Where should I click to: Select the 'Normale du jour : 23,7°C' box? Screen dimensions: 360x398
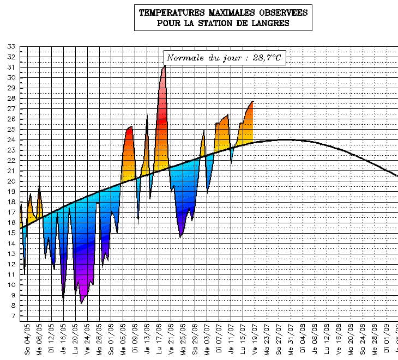[224, 58]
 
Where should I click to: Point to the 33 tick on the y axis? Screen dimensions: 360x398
[11, 46]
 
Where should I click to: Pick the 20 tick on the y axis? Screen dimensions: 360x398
[11, 181]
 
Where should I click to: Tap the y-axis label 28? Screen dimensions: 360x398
[11, 98]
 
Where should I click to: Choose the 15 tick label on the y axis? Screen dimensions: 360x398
[11, 233]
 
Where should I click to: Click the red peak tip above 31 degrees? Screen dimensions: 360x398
[164, 66]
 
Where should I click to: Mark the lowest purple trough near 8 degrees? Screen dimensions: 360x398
[81, 303]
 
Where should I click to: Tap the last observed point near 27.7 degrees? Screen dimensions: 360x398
[252, 101]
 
